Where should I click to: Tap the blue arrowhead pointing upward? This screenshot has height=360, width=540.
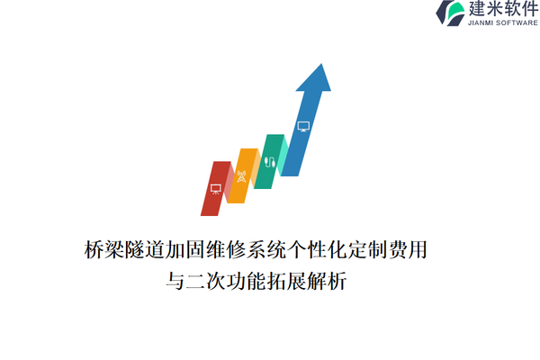pyautogui.click(x=314, y=81)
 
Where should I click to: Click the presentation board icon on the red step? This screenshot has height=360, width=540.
pyautogui.click(x=215, y=189)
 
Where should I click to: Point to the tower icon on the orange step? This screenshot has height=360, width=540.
pyautogui.click(x=241, y=175)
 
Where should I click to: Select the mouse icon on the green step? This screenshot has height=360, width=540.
pyautogui.click(x=269, y=162)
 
